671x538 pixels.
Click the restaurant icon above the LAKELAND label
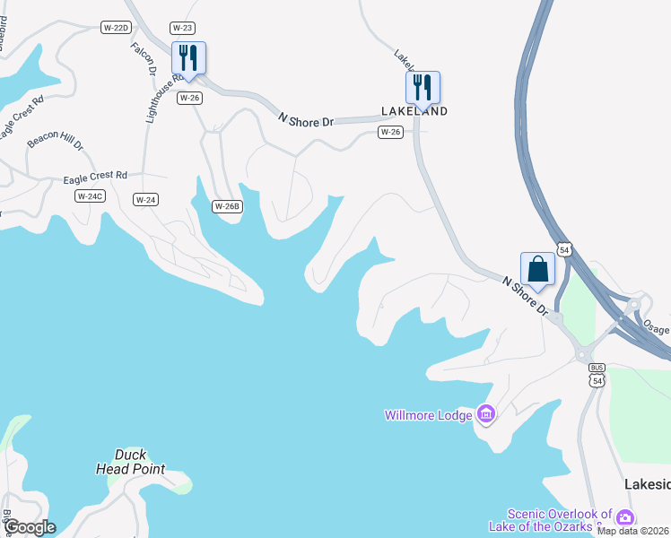pos(423,87)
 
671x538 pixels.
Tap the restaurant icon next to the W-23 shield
pos(188,57)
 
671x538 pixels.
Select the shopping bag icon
pos(537,268)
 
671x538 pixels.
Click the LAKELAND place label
pos(414,111)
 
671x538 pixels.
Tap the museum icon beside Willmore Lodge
pos(486,414)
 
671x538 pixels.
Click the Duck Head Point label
pos(130,462)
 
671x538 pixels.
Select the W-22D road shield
pos(117,28)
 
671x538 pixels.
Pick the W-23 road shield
pos(182,28)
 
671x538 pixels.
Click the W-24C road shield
pos(91,195)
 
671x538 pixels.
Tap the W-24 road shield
pos(145,199)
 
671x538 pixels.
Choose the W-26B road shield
pos(227,206)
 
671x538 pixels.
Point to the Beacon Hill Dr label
pos(55,142)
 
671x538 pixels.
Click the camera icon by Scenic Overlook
pos(624,517)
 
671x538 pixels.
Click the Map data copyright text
pos(633,531)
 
